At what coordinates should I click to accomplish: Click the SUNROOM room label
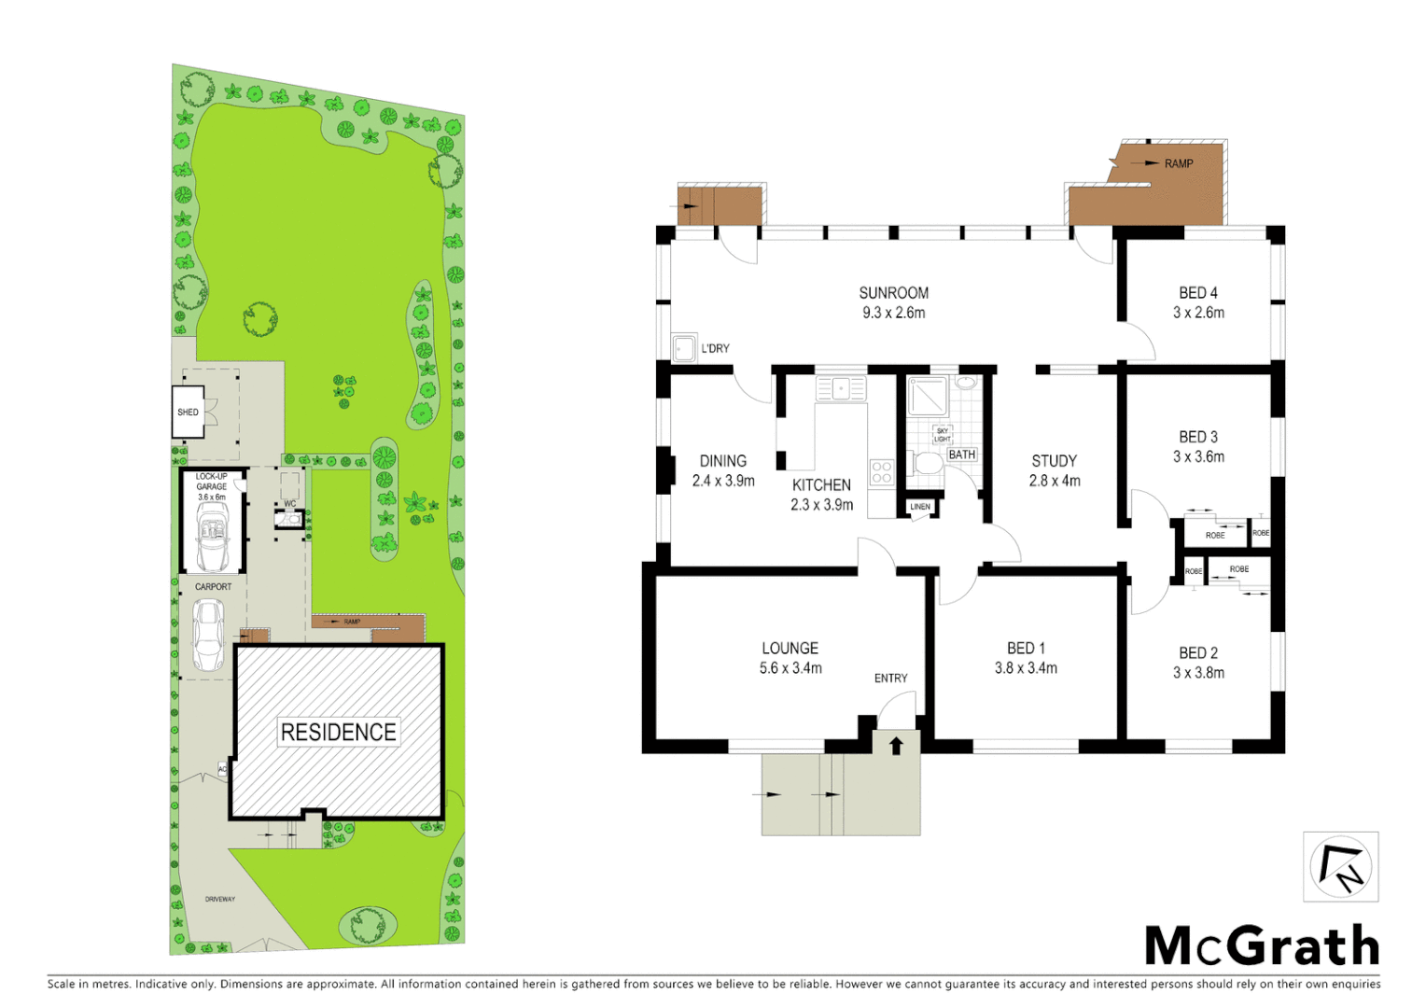click(x=893, y=293)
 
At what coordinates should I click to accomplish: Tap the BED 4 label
click(x=1197, y=293)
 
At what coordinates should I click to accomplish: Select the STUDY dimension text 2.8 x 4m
click(x=1054, y=481)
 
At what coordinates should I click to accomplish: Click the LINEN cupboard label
click(x=920, y=507)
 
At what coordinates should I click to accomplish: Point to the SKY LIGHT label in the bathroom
click(x=943, y=435)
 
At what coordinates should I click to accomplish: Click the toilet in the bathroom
click(x=928, y=464)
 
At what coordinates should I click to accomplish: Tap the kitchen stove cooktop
click(x=881, y=473)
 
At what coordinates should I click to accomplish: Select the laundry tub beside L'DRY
click(x=684, y=347)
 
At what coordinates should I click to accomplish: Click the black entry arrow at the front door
click(x=896, y=745)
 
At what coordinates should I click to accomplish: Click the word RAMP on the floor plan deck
click(x=1178, y=163)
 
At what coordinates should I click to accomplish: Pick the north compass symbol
click(x=1340, y=867)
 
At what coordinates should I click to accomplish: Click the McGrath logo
click(x=1262, y=946)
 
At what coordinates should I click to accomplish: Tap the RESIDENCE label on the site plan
click(x=338, y=733)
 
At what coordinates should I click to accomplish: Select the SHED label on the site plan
click(x=188, y=413)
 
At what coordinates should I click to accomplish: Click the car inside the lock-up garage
click(x=212, y=540)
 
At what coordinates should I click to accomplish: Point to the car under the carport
click(x=208, y=635)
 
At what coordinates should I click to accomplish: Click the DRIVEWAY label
click(x=220, y=899)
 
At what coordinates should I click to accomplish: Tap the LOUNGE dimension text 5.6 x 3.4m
click(x=790, y=668)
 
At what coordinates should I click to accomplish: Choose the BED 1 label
click(x=1025, y=648)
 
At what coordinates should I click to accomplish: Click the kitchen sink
click(x=841, y=387)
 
